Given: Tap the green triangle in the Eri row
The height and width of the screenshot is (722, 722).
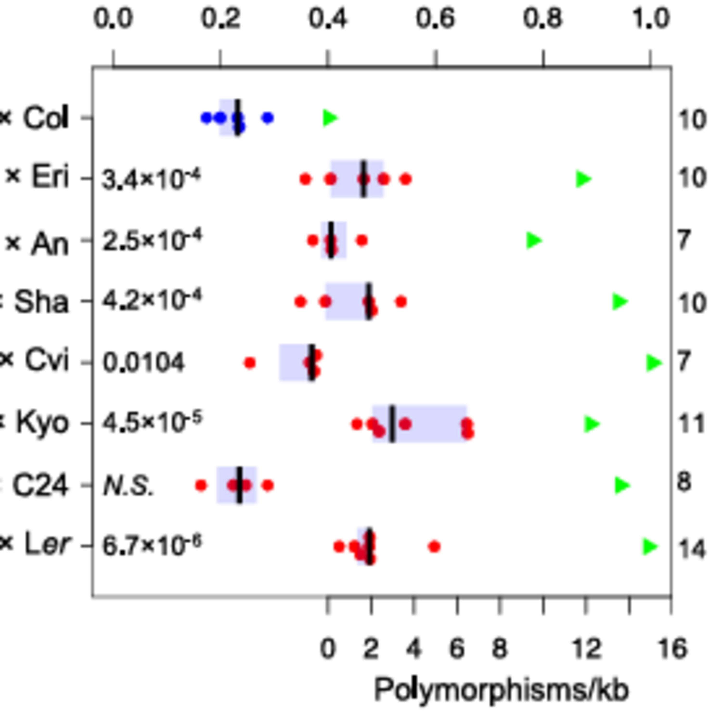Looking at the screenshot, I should click(583, 179).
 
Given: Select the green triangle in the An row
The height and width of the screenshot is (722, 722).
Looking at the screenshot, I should click(533, 240).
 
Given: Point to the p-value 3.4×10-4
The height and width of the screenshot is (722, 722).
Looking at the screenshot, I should click(151, 179).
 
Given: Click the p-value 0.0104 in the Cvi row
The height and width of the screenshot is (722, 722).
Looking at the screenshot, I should click(144, 362).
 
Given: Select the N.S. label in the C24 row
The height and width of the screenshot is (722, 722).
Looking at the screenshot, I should click(128, 486).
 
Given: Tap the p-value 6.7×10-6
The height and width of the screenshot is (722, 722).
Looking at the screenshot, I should click(151, 546).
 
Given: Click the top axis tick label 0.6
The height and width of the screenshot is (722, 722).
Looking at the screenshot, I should click(435, 18).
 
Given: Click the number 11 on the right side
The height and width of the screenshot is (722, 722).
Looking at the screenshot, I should click(692, 424).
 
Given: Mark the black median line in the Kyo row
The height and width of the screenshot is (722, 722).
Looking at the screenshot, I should click(392, 424).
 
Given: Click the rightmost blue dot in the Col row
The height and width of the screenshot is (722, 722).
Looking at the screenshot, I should click(268, 118).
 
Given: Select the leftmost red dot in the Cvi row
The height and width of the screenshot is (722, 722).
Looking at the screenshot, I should click(250, 362).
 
